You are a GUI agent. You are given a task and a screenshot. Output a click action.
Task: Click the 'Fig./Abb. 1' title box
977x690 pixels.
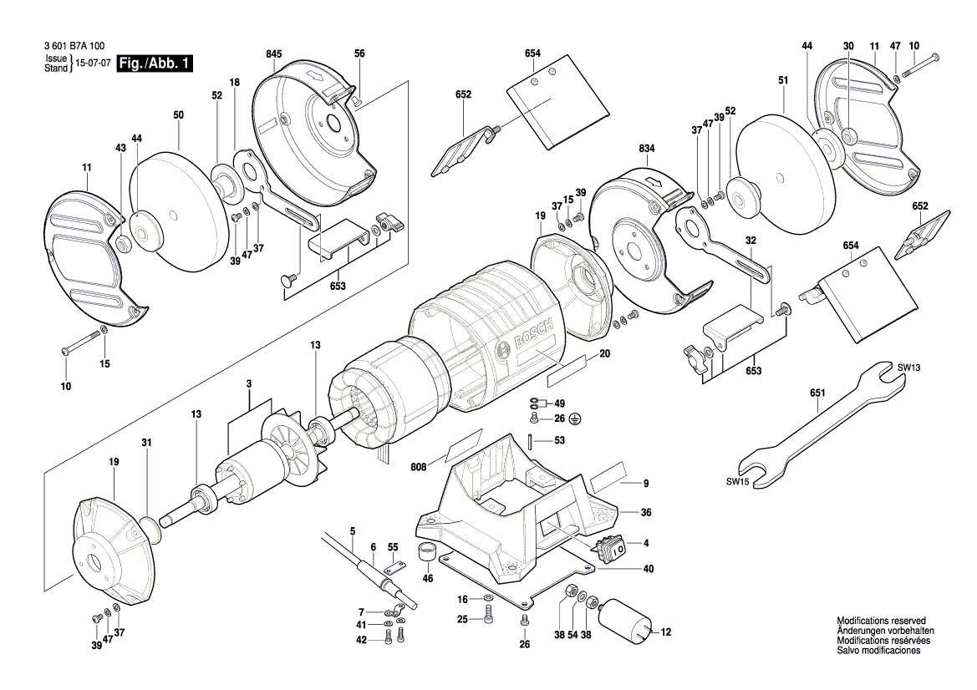tap(155, 63)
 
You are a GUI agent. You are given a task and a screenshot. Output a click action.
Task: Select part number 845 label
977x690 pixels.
tap(274, 54)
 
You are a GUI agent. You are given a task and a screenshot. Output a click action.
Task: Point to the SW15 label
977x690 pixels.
tap(737, 481)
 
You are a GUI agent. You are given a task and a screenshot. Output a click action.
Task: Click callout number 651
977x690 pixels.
tap(817, 393)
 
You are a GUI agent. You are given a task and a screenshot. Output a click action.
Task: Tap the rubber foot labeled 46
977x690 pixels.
tap(427, 552)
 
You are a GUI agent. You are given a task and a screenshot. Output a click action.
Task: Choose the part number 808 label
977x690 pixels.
tap(418, 466)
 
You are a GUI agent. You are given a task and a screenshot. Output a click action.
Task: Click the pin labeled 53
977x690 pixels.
tap(530, 440)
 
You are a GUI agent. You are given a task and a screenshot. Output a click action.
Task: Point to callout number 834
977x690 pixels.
tap(647, 148)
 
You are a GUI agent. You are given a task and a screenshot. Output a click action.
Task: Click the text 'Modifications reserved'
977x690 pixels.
tap(881, 621)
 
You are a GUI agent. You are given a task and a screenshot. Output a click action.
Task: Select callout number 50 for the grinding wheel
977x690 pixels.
tap(178, 115)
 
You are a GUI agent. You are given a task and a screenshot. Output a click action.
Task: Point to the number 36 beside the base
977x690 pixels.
tap(646, 513)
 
